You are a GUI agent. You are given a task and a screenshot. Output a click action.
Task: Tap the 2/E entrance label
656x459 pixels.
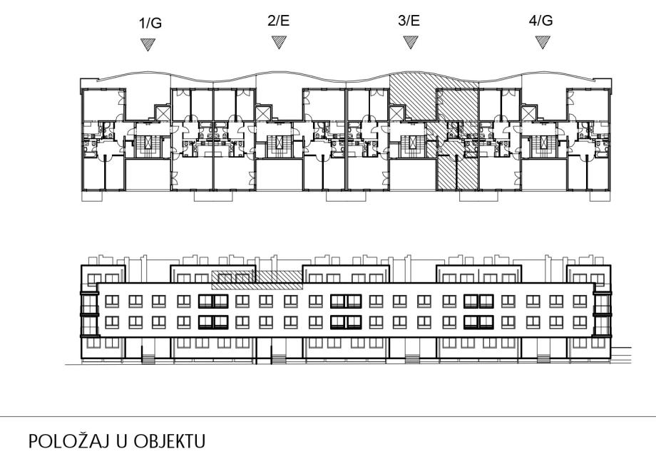279,21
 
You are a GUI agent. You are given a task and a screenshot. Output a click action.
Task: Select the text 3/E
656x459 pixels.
410,21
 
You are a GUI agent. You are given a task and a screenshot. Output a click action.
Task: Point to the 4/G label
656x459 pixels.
541,21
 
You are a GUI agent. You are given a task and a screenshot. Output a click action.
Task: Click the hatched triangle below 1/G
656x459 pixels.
148,44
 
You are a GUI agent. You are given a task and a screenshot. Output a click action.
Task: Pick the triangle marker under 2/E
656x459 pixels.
279,43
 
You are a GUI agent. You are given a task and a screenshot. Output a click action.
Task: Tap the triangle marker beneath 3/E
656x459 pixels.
410,43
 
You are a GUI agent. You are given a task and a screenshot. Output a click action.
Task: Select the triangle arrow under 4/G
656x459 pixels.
541,43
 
